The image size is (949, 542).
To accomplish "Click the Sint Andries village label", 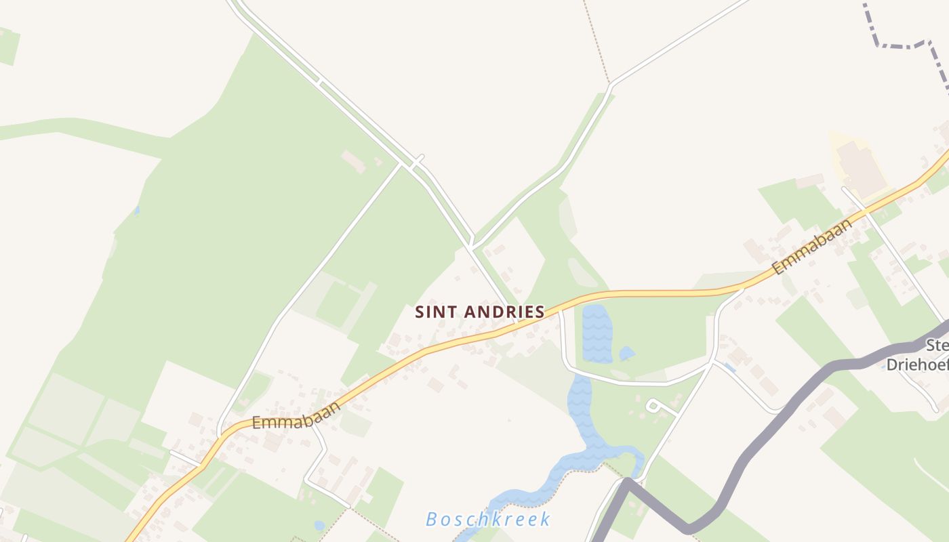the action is coord(480,312).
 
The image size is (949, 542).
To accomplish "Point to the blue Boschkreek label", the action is coord(488,520).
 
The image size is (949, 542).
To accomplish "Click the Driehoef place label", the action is coord(917,364).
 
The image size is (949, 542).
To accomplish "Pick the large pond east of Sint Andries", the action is coord(597,334).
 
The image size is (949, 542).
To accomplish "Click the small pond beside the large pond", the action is coord(627,353).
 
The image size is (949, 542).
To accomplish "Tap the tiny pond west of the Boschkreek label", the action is coord(319,525).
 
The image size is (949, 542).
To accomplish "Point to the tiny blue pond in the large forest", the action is coord(137,211).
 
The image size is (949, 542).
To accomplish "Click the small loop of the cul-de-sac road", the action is coord(653,405).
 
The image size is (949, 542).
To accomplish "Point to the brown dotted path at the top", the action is coord(597,41).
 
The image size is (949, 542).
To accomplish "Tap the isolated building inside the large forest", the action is coord(353,161).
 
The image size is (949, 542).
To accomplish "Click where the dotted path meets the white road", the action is coord(610,84).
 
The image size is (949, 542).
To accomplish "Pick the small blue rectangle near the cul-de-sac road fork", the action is coord(729,367).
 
